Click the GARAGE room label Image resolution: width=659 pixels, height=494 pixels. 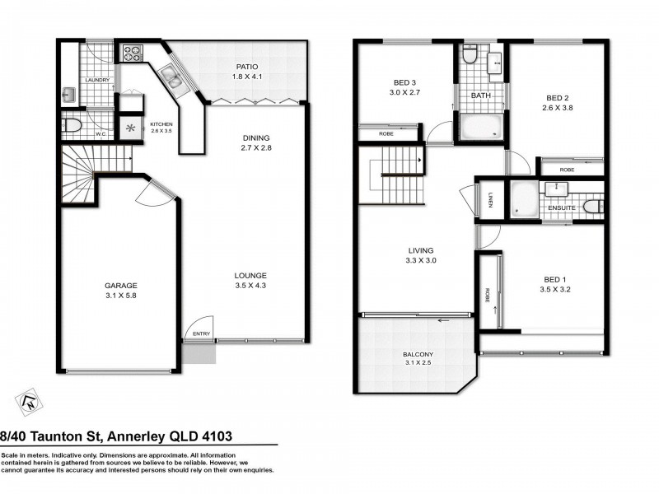point(120,286)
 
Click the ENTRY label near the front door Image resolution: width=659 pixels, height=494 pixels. point(200,333)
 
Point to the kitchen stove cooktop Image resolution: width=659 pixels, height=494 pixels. point(132,54)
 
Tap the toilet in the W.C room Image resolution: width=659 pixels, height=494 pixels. point(72,126)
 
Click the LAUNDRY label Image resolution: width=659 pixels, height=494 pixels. point(97,81)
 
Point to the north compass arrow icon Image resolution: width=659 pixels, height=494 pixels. point(28,401)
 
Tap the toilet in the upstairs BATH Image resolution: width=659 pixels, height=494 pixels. point(470,56)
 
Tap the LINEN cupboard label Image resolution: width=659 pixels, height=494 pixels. point(489,200)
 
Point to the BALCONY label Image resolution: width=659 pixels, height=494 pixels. point(418,354)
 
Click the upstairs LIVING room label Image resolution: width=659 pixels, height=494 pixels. point(418,250)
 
